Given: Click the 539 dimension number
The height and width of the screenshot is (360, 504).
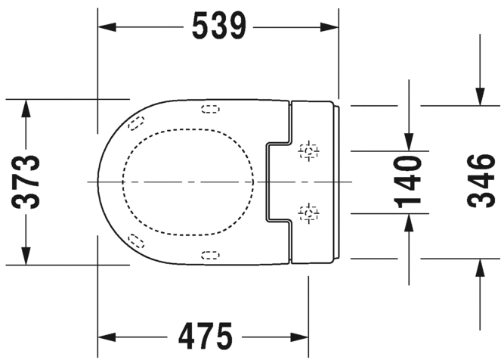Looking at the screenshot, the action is pos(219,26).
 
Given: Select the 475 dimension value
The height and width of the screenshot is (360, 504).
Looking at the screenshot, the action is pos(205,337).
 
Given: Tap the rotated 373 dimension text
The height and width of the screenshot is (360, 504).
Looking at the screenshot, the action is pos(26,182).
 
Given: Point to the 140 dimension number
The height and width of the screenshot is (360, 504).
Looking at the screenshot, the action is pos(407,182).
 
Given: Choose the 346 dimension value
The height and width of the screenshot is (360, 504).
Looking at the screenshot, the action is pos(481,181).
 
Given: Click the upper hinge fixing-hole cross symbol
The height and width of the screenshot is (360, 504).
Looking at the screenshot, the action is pos(308,151).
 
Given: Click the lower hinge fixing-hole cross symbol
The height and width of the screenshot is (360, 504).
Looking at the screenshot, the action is pos(308,213).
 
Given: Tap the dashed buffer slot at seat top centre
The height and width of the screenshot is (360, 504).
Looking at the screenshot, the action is pos(211,110).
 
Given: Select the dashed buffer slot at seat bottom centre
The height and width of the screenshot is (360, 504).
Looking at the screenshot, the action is pos(211,256).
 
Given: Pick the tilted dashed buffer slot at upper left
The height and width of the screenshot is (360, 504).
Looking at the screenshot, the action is pos(136,123).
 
